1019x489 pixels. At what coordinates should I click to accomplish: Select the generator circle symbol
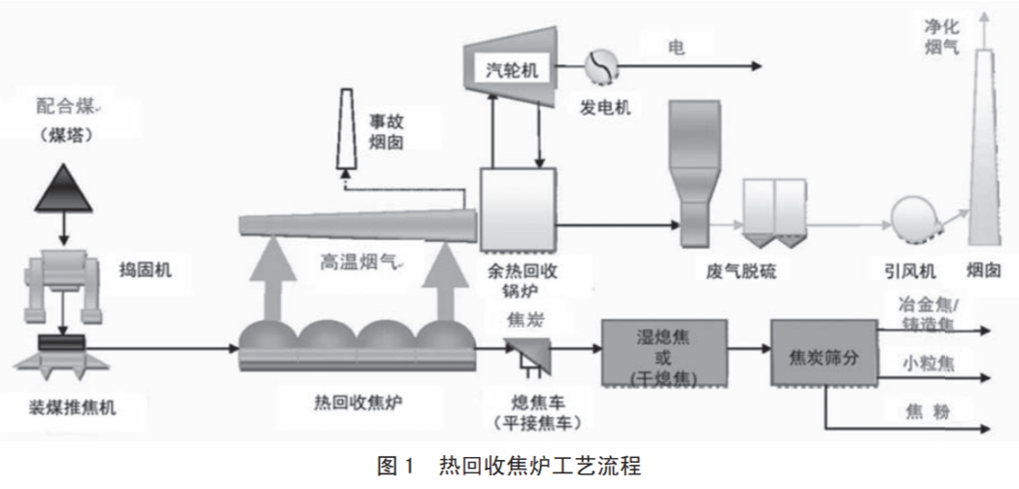[596, 67]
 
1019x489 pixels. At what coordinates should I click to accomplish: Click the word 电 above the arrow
[676, 47]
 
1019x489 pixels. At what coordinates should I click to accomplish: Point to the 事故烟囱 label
[397, 132]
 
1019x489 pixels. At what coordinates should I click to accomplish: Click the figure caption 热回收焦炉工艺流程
[539, 468]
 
